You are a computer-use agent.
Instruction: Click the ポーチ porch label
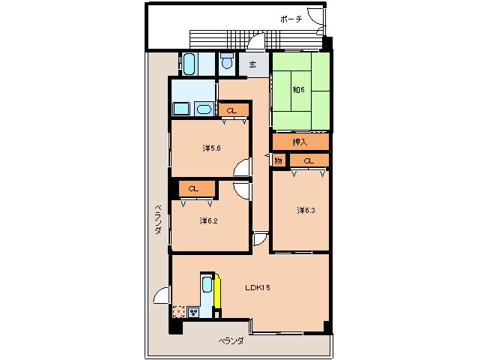[x=291, y=19]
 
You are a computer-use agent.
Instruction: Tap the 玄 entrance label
[x=252, y=64]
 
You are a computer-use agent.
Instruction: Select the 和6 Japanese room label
[x=298, y=90]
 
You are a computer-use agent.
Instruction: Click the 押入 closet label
[x=300, y=142]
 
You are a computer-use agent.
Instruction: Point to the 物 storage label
[x=278, y=160]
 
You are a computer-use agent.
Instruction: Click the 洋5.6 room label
[x=211, y=148]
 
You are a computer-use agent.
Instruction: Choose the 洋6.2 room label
[x=208, y=220]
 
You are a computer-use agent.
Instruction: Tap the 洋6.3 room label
[x=306, y=210]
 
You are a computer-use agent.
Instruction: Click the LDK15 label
[x=258, y=287]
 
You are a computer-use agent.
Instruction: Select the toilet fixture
[x=226, y=61]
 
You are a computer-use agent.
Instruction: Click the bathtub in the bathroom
[x=189, y=64]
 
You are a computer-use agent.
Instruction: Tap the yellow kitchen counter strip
[x=217, y=291]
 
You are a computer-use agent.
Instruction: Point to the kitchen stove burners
[x=193, y=312]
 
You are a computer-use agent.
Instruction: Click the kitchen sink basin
[x=208, y=285]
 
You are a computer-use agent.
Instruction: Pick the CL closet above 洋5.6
[x=232, y=111]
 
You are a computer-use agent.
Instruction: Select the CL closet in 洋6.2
[x=193, y=188]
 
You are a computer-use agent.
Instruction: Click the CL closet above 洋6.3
[x=309, y=160]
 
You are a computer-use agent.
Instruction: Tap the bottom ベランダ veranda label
[x=231, y=340]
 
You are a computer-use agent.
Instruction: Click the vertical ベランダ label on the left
[x=158, y=219]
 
